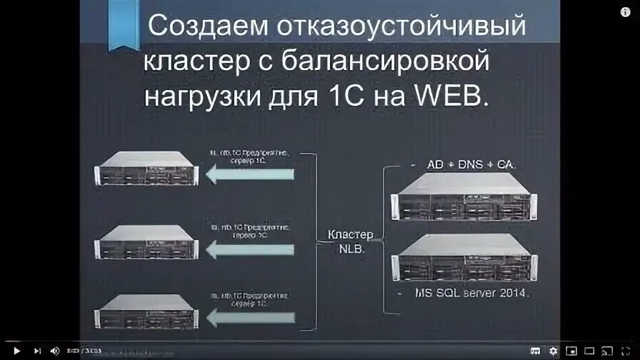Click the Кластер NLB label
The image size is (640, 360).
pos(351,240)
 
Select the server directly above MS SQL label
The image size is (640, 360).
pos(464,261)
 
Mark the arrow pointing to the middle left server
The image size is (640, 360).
pos(249,250)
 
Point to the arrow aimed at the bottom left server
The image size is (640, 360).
pos(249,317)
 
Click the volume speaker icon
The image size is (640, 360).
pos(55,351)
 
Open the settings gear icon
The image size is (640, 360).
pos(553,351)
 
